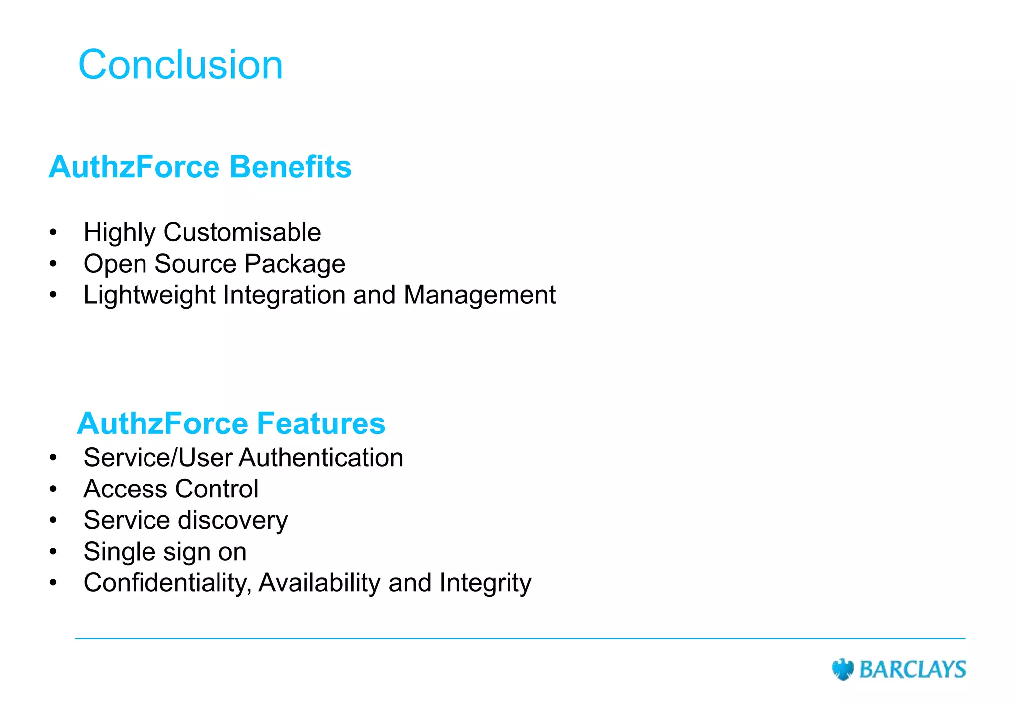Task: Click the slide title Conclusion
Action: coord(180,65)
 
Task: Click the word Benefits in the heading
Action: coord(290,167)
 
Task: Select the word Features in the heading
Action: coord(321,423)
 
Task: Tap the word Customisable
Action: coord(242,232)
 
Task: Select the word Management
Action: coord(479,295)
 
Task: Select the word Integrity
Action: coord(485,583)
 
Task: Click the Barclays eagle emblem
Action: coord(842,669)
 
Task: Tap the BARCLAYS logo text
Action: coord(912,669)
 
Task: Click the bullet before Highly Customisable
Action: coord(53,232)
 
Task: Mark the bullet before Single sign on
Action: coord(53,552)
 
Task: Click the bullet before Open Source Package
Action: coord(53,264)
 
